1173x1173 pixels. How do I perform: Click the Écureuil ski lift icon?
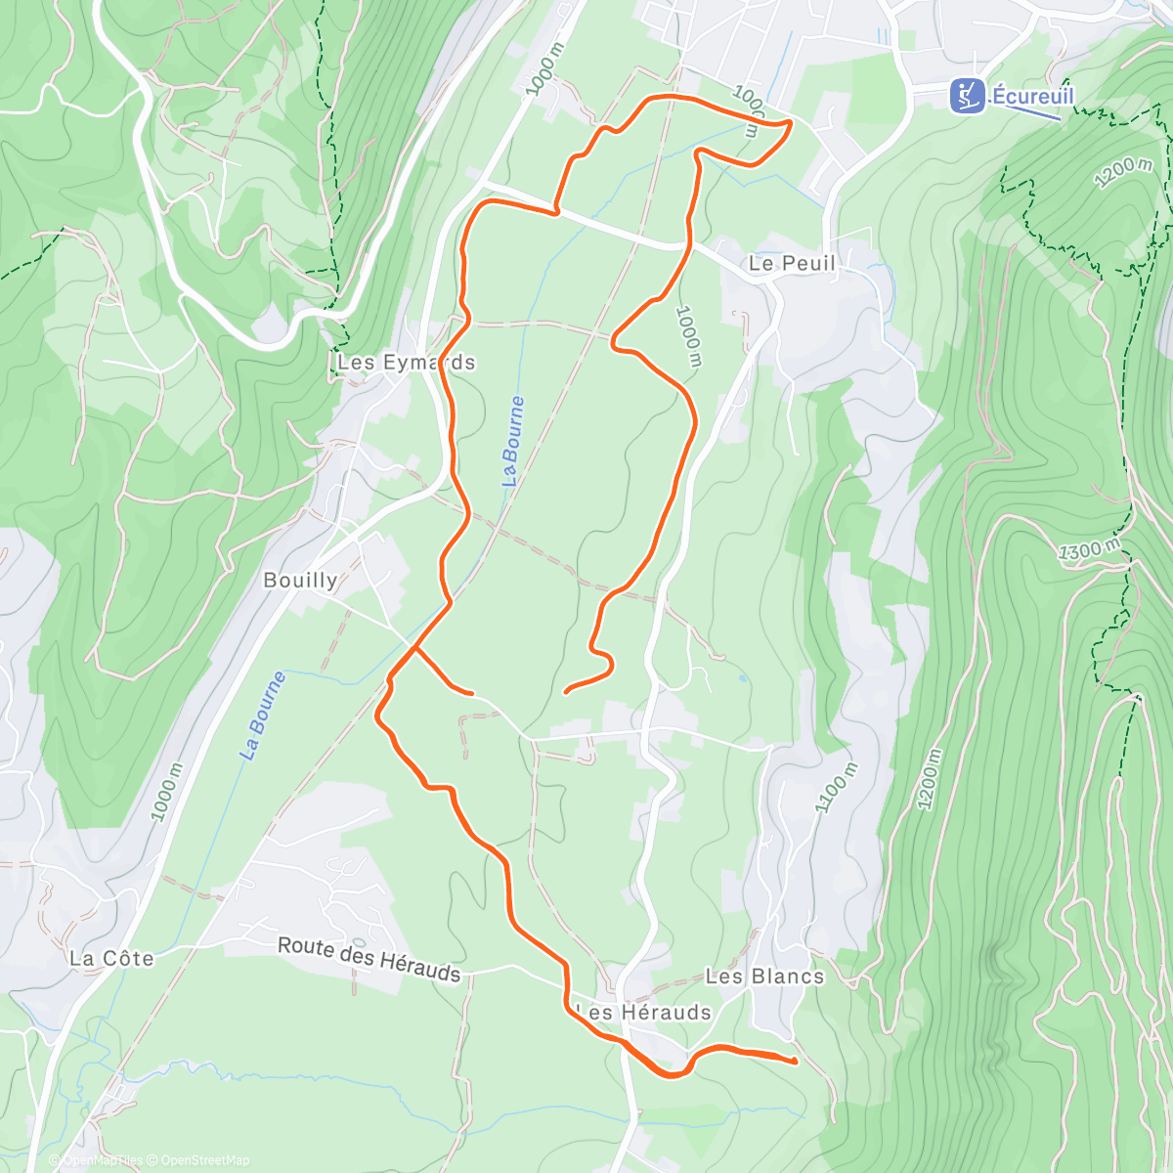click(x=967, y=96)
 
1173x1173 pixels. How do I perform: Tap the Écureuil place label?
click(x=1031, y=96)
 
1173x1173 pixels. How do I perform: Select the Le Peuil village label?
click(x=792, y=264)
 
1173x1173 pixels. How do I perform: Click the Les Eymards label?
click(x=406, y=363)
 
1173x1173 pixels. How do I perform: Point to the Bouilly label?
click(x=300, y=581)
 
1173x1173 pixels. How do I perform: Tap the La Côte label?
click(x=111, y=959)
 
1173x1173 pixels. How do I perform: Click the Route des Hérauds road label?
click(x=369, y=958)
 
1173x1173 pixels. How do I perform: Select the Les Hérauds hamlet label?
click(x=644, y=1013)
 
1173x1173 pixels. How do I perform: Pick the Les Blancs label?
click(x=764, y=977)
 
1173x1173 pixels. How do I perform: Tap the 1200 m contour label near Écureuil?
click(x=1123, y=171)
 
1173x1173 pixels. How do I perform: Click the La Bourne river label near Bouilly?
click(x=263, y=716)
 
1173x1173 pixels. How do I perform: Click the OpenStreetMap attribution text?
click(x=205, y=1160)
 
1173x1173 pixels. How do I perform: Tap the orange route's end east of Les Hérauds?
click(x=795, y=1061)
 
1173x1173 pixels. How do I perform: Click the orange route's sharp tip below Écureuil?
click(x=791, y=123)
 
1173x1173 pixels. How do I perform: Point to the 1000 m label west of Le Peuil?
click(x=688, y=337)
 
